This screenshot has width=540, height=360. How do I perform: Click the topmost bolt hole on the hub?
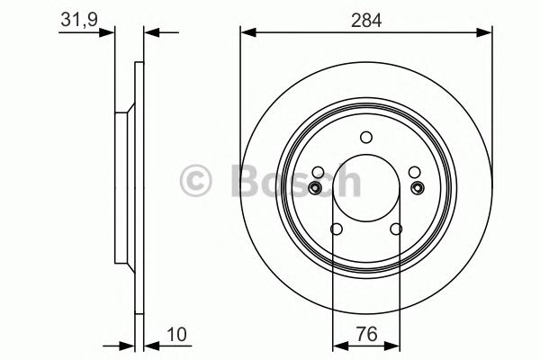365,138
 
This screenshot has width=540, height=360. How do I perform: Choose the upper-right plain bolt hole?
414,171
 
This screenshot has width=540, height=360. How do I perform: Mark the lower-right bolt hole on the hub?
397,229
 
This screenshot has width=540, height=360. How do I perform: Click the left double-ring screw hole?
315,187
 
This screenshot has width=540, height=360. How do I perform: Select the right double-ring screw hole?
417,187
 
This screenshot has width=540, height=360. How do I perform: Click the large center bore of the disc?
365,188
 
